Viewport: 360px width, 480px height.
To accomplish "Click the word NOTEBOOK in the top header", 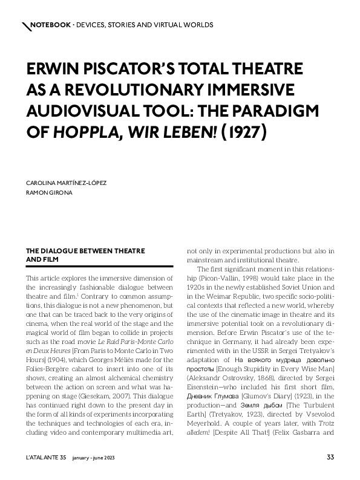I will point(50,25).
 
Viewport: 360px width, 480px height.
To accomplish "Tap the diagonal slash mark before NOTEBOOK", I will point(26,26).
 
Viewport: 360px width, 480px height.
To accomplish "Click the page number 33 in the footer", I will point(330,457).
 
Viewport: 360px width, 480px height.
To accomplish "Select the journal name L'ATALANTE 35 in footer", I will point(45,457).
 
